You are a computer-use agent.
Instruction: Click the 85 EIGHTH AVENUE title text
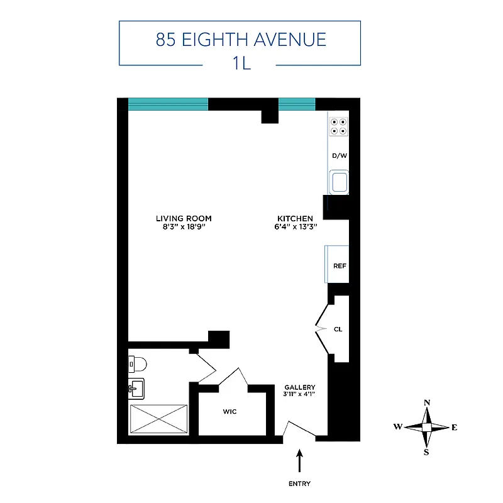(x=241, y=40)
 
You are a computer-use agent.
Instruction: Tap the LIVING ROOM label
(x=184, y=219)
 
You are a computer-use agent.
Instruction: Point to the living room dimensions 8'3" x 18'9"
(x=184, y=227)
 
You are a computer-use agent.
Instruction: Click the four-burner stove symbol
(x=339, y=126)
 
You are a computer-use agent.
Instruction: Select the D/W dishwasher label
(x=339, y=155)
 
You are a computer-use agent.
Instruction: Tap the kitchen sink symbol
(x=340, y=182)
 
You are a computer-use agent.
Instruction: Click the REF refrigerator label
(x=340, y=265)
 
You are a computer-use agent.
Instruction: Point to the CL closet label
(x=338, y=329)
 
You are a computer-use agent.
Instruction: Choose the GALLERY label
(x=299, y=387)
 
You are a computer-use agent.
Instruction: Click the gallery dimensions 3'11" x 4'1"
(x=299, y=395)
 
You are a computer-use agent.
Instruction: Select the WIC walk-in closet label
(x=229, y=412)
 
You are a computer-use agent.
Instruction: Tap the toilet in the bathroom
(x=136, y=363)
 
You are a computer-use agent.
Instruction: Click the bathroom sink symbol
(x=136, y=389)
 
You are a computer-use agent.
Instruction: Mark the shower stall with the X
(x=158, y=419)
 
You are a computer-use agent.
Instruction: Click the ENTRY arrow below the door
(x=299, y=461)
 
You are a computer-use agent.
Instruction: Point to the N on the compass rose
(x=427, y=403)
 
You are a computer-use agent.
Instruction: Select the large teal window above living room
(x=168, y=104)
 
